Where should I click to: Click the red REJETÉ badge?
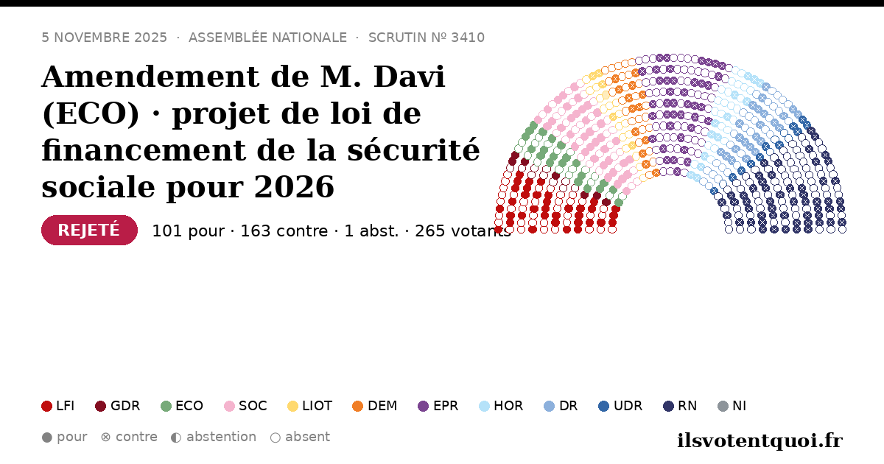coord(89,230)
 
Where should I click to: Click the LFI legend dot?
coord(46,406)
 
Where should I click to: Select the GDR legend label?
coord(125,406)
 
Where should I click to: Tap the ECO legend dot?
coord(166,406)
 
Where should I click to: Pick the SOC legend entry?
coord(245,406)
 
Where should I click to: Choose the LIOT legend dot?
coord(293,406)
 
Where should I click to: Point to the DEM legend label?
coord(382,406)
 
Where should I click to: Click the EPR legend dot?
coord(423,406)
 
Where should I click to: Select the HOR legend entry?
coord(501,406)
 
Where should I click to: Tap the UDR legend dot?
coord(604,406)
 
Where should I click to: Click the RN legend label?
coord(687,406)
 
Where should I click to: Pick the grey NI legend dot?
coord(723,406)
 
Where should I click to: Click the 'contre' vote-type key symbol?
coord(106,437)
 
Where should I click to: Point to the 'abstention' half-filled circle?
coord(176,437)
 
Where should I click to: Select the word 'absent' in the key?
coord(307,437)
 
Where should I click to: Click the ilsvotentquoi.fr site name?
coord(760,440)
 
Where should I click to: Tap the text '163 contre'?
coord(284,231)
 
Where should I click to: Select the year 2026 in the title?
coord(294,186)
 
